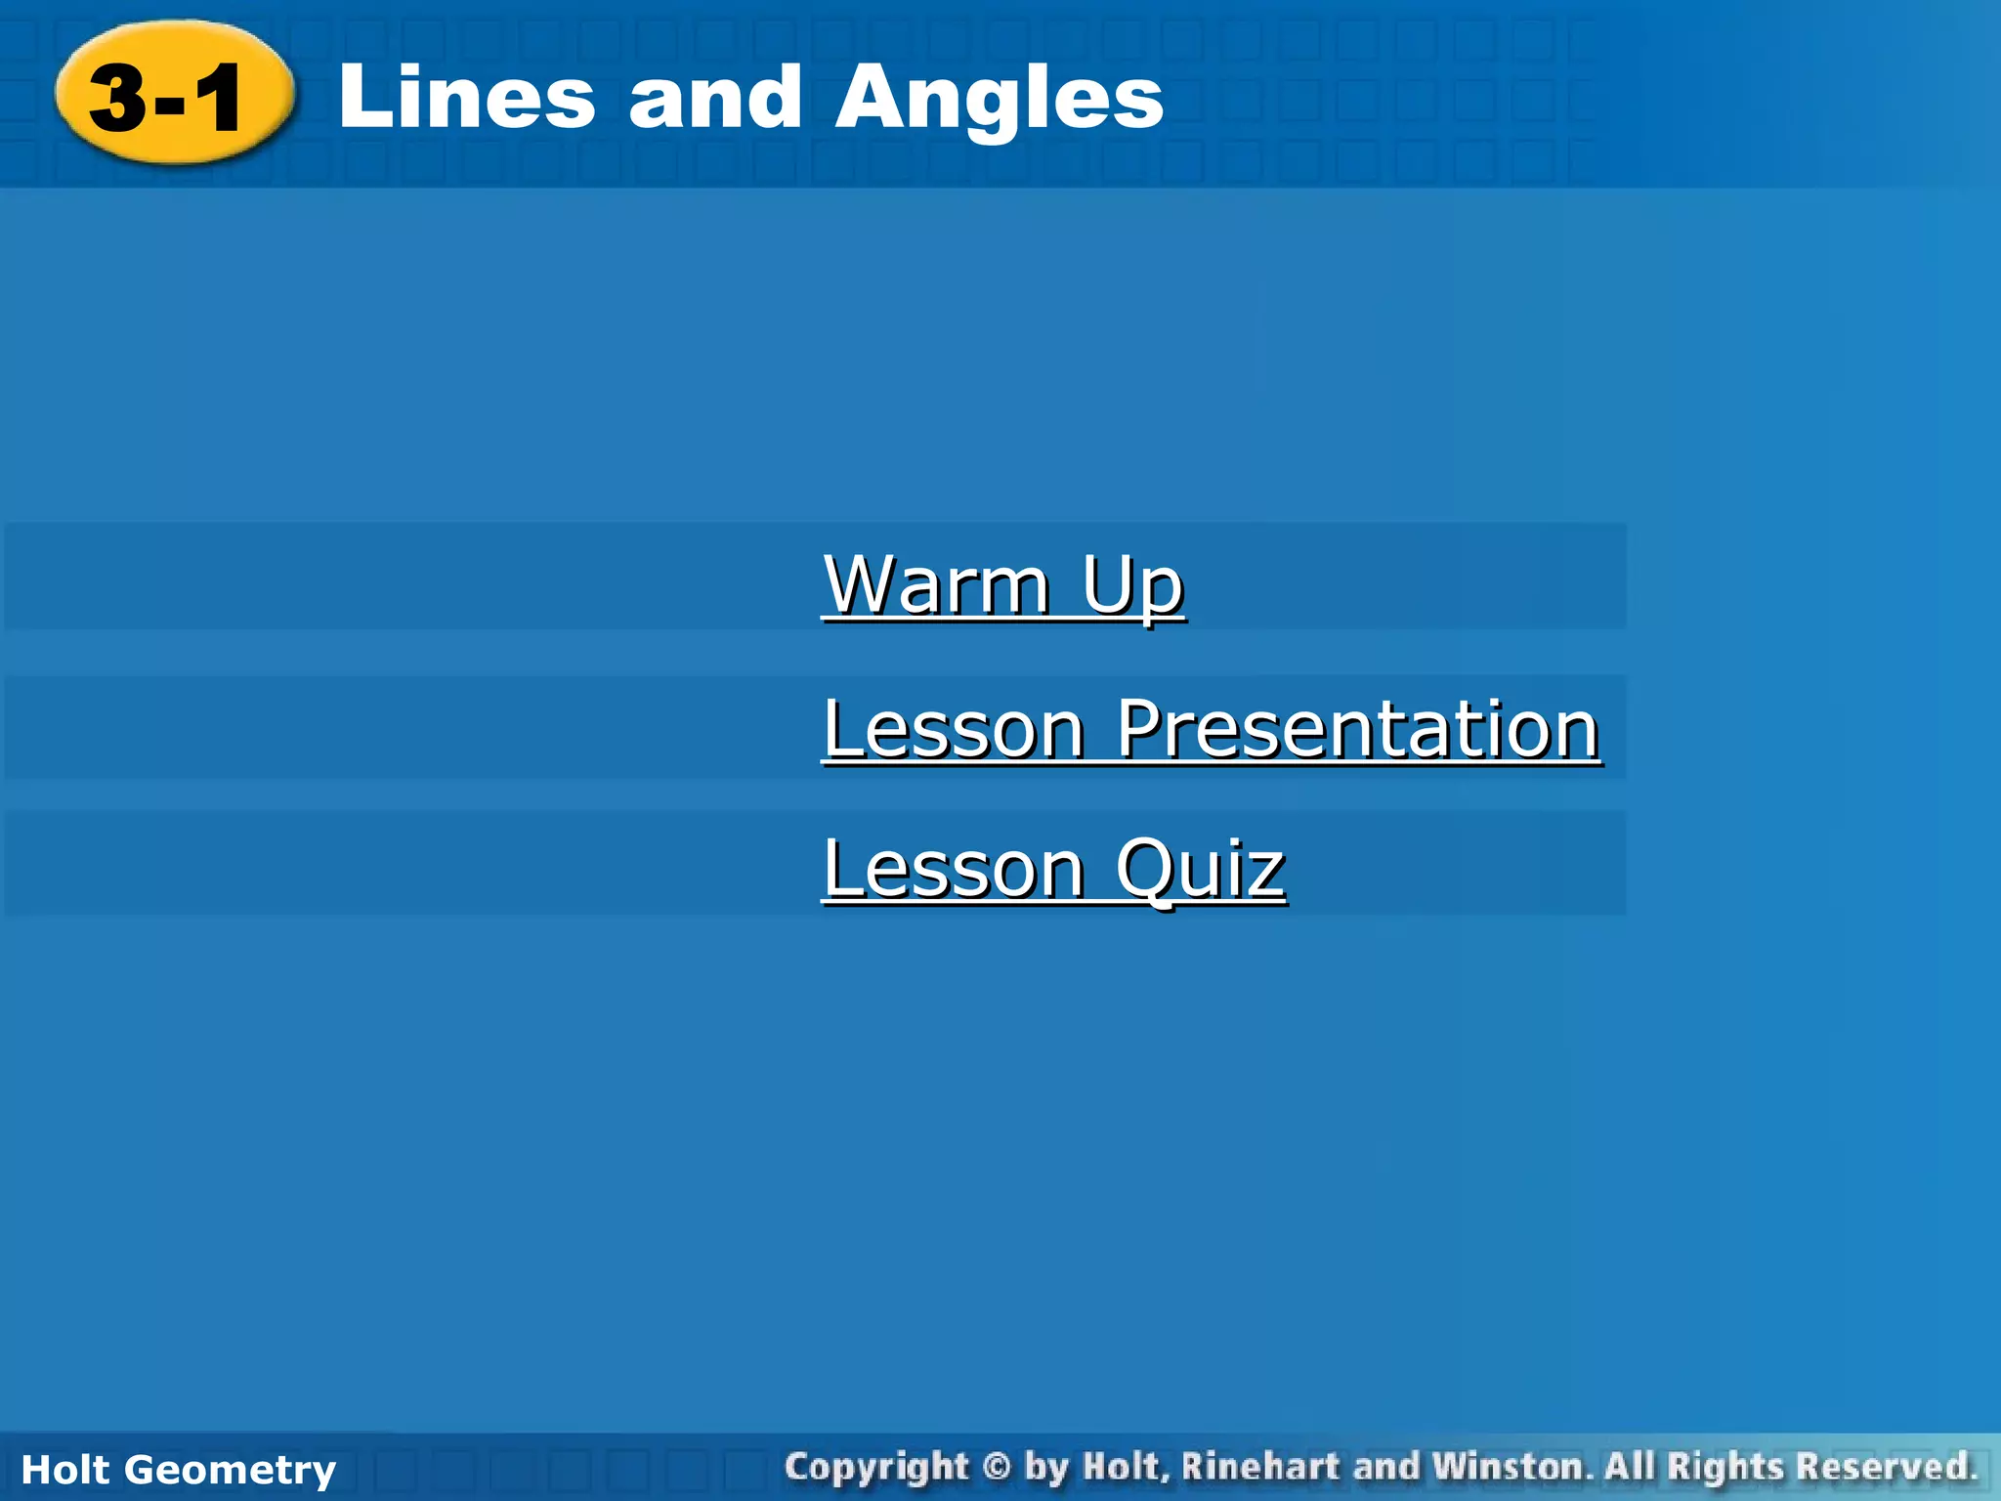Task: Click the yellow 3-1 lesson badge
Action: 174,94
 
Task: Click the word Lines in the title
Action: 466,97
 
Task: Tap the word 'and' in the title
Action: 714,97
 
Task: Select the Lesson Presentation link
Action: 1211,729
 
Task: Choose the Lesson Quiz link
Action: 1053,869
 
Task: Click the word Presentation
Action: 1357,729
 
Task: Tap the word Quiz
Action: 1200,869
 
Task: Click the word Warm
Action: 937,584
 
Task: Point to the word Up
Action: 1132,586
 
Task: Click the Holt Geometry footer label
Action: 178,1470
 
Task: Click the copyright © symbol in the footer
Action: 996,1467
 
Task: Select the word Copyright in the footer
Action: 876,1467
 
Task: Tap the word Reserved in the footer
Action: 1888,1467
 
